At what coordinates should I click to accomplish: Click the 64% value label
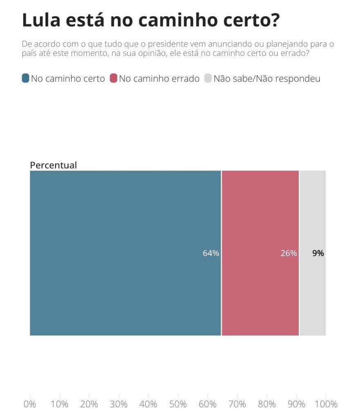(211, 253)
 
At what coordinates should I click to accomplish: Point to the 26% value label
(288, 253)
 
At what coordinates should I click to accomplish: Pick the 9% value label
(318, 253)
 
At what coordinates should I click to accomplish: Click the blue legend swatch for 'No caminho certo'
(25, 78)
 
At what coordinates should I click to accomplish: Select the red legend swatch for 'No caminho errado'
(114, 78)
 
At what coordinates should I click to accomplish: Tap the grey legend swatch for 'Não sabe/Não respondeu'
(208, 78)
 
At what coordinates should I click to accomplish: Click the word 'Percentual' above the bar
(53, 165)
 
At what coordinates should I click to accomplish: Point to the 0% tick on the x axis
(30, 404)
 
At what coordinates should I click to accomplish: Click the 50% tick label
(178, 404)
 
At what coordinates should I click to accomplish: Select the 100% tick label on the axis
(326, 404)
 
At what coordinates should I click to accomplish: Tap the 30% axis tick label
(119, 404)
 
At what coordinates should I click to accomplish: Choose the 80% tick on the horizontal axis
(267, 404)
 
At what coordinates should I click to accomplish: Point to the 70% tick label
(237, 404)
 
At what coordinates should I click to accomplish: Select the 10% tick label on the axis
(59, 404)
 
